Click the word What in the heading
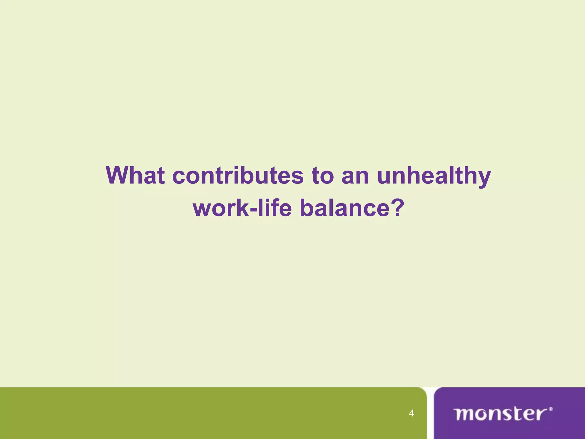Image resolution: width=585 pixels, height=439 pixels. [135, 175]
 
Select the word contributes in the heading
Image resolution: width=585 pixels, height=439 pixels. [238, 175]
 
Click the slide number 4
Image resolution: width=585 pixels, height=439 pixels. [411, 413]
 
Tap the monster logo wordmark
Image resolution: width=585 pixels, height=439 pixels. [501, 414]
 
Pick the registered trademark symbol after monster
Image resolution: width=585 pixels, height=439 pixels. [551, 409]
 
